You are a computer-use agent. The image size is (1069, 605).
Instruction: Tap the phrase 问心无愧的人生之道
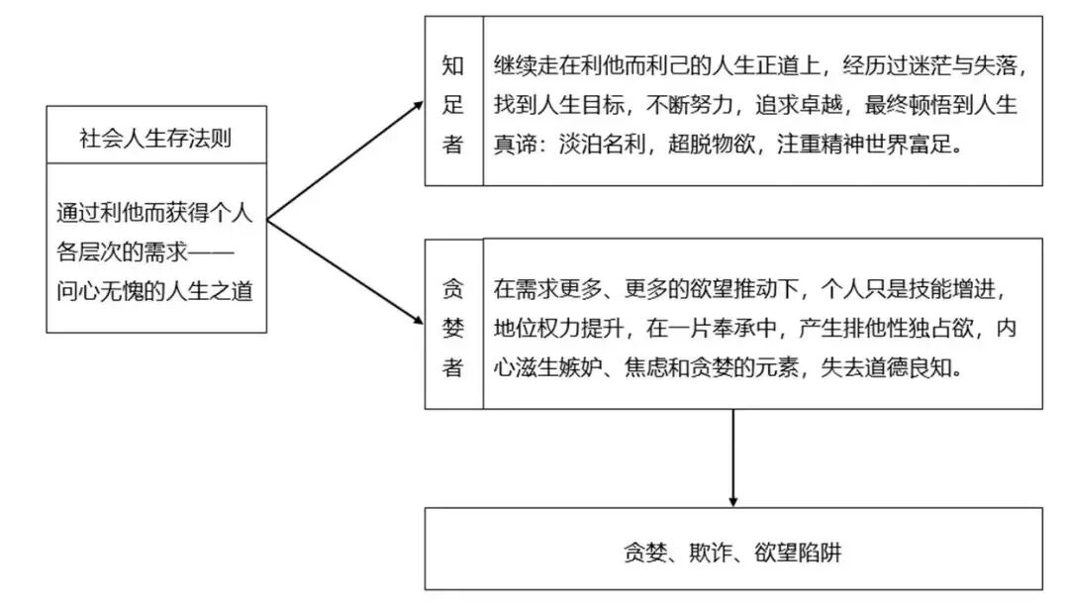click(155, 294)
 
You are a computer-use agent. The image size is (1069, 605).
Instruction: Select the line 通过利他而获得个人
click(155, 212)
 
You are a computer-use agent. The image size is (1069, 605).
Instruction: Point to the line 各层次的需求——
click(155, 252)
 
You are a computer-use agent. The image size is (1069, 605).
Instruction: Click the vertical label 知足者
click(453, 104)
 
